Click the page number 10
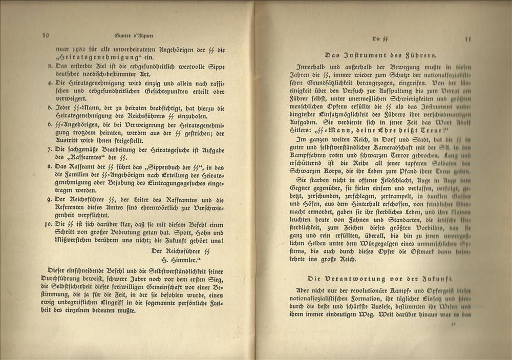click(46, 35)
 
